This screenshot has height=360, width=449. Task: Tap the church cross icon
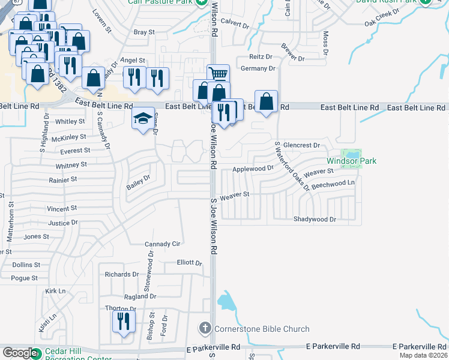205,328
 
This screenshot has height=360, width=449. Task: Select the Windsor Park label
351,161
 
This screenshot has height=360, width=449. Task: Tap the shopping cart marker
218,74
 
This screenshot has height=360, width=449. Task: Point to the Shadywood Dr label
319,220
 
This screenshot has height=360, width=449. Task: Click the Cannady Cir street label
163,244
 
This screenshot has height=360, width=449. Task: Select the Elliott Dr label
189,262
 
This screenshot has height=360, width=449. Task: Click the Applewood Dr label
253,169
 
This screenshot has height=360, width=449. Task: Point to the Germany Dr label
258,68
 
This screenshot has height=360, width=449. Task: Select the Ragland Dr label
140,296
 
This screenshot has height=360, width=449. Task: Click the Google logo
20,353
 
